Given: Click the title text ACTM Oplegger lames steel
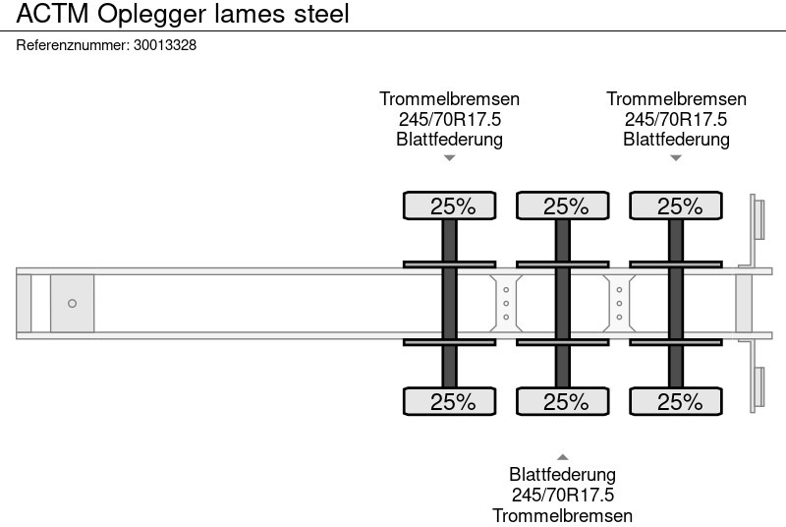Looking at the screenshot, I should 183,15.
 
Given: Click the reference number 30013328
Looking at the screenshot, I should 163,45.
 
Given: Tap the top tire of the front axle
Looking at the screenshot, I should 450,206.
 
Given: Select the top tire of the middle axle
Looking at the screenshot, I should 563,206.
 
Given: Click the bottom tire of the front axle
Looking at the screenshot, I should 450,402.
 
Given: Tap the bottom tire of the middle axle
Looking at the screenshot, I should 563,402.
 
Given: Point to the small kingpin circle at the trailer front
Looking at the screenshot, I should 72,304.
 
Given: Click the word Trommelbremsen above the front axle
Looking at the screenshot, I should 450,99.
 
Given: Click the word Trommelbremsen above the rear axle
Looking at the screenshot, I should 676,99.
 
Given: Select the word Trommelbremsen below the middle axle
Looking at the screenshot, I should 563,515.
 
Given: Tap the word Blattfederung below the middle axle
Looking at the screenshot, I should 563,476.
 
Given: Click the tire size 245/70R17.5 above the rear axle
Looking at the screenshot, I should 676,119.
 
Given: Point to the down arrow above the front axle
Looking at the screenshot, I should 450,157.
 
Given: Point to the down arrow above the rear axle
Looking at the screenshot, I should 676,157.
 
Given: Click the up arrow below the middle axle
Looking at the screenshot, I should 563,456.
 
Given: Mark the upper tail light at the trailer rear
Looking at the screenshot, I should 758,217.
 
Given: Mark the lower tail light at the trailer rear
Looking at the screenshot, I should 758,388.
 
